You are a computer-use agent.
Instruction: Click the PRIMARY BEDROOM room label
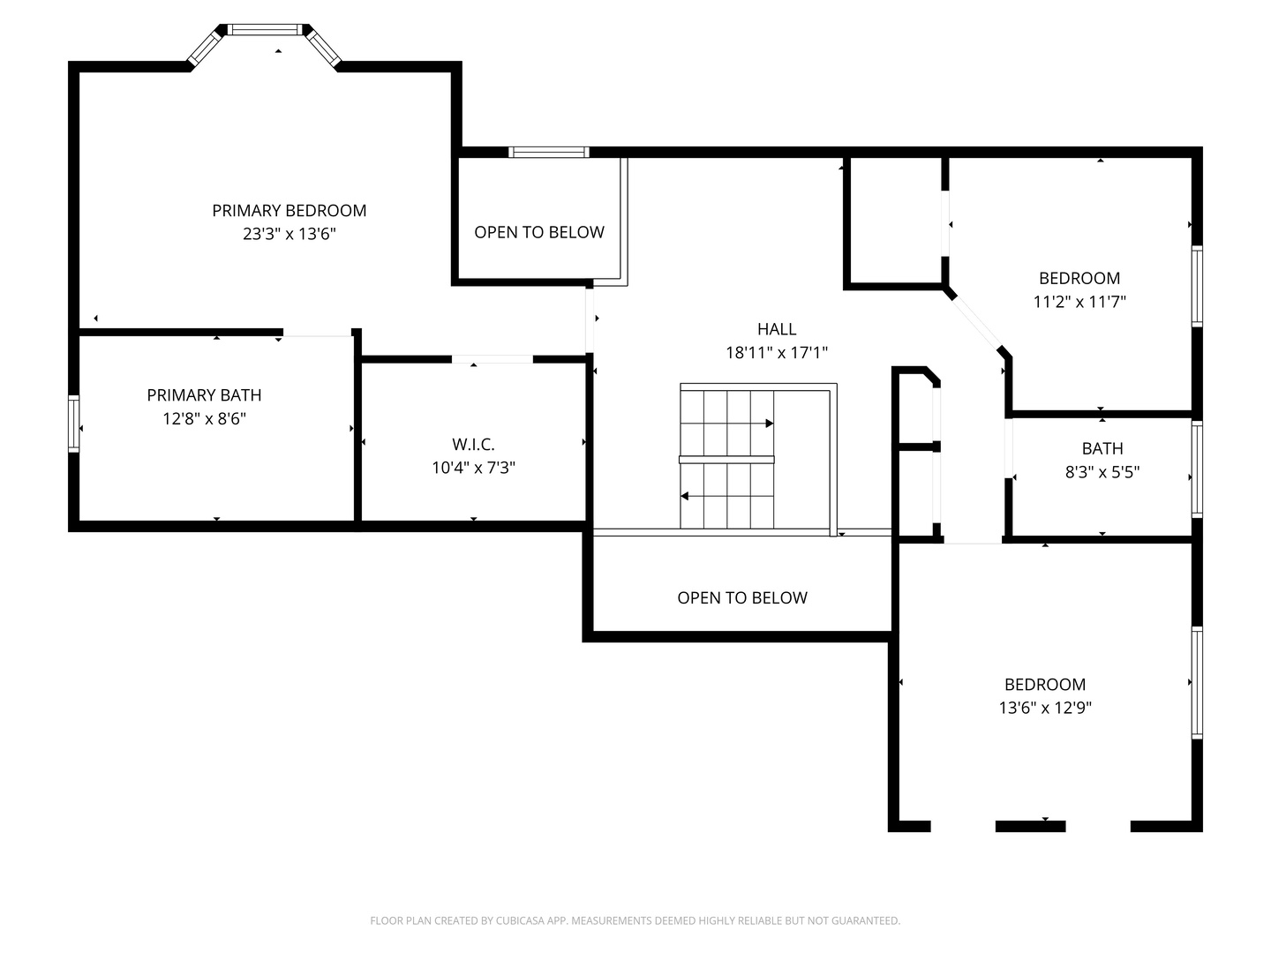[x=289, y=210]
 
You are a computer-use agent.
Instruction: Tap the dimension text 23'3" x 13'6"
[x=289, y=234]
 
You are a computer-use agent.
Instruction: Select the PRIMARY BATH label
[x=204, y=395]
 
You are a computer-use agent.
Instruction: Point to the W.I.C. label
[x=473, y=445]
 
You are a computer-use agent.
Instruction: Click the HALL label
[x=777, y=329]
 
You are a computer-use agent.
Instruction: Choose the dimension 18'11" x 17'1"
[x=777, y=352]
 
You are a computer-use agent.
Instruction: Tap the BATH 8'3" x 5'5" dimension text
[x=1102, y=472]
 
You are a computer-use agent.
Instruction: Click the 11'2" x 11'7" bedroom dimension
[x=1079, y=302]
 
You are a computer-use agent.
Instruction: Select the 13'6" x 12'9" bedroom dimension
[x=1044, y=708]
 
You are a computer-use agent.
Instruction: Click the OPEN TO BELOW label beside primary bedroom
[x=539, y=232]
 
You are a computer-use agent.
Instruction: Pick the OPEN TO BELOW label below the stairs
[x=741, y=597]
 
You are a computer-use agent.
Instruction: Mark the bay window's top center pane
[x=265, y=29]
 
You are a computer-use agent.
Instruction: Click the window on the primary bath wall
[x=73, y=424]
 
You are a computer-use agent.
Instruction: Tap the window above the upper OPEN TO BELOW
[x=549, y=152]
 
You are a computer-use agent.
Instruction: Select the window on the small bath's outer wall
[x=1196, y=469]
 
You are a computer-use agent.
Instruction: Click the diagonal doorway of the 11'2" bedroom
[x=977, y=323]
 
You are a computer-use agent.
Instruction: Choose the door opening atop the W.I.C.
[x=492, y=359]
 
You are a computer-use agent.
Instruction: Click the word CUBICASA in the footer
[x=517, y=920]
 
